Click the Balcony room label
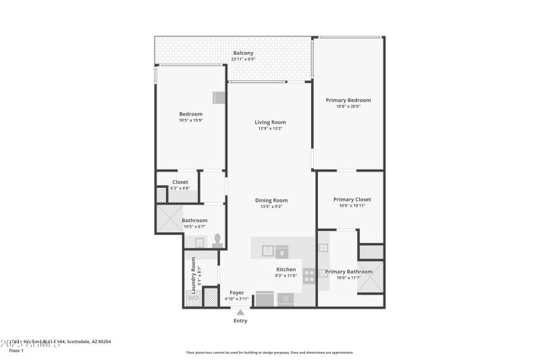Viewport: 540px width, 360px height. [x=243, y=53]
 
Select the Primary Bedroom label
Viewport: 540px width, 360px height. [x=348, y=100]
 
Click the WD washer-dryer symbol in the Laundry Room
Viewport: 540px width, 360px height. [x=193, y=297]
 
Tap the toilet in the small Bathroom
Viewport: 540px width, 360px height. [x=217, y=240]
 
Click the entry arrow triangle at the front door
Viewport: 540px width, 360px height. [x=240, y=311]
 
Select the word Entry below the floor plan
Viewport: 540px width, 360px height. [x=240, y=321]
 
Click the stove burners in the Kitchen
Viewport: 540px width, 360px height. [x=308, y=276]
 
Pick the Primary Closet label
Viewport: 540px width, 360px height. [x=352, y=199]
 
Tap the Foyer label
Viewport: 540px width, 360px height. [x=237, y=292]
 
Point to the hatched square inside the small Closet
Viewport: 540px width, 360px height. [x=161, y=195]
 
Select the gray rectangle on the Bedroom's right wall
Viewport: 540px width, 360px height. [x=219, y=97]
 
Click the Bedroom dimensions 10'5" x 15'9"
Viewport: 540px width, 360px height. [x=190, y=120]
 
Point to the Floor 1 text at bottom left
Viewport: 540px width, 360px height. [x=16, y=351]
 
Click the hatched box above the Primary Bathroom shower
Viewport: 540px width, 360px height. [x=371, y=251]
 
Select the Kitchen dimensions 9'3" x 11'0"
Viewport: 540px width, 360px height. [x=286, y=276]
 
